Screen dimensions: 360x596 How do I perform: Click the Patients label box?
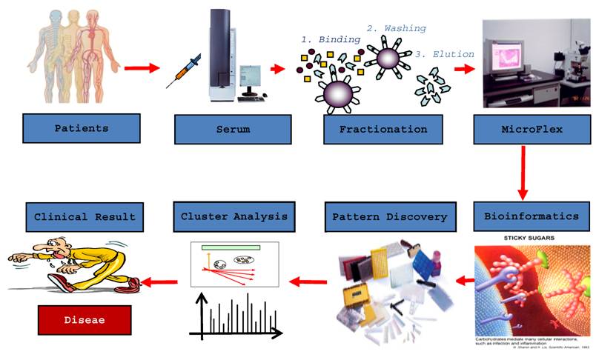pos(82,128)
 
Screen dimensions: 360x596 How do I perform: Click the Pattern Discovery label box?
pos(389,217)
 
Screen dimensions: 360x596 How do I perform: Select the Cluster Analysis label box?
pos(234,217)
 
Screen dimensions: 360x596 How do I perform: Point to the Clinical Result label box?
pos(85,216)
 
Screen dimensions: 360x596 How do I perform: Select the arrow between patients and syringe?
pos(142,69)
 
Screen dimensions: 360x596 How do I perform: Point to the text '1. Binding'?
pos(329,39)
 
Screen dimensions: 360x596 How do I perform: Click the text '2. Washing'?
pos(396,28)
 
